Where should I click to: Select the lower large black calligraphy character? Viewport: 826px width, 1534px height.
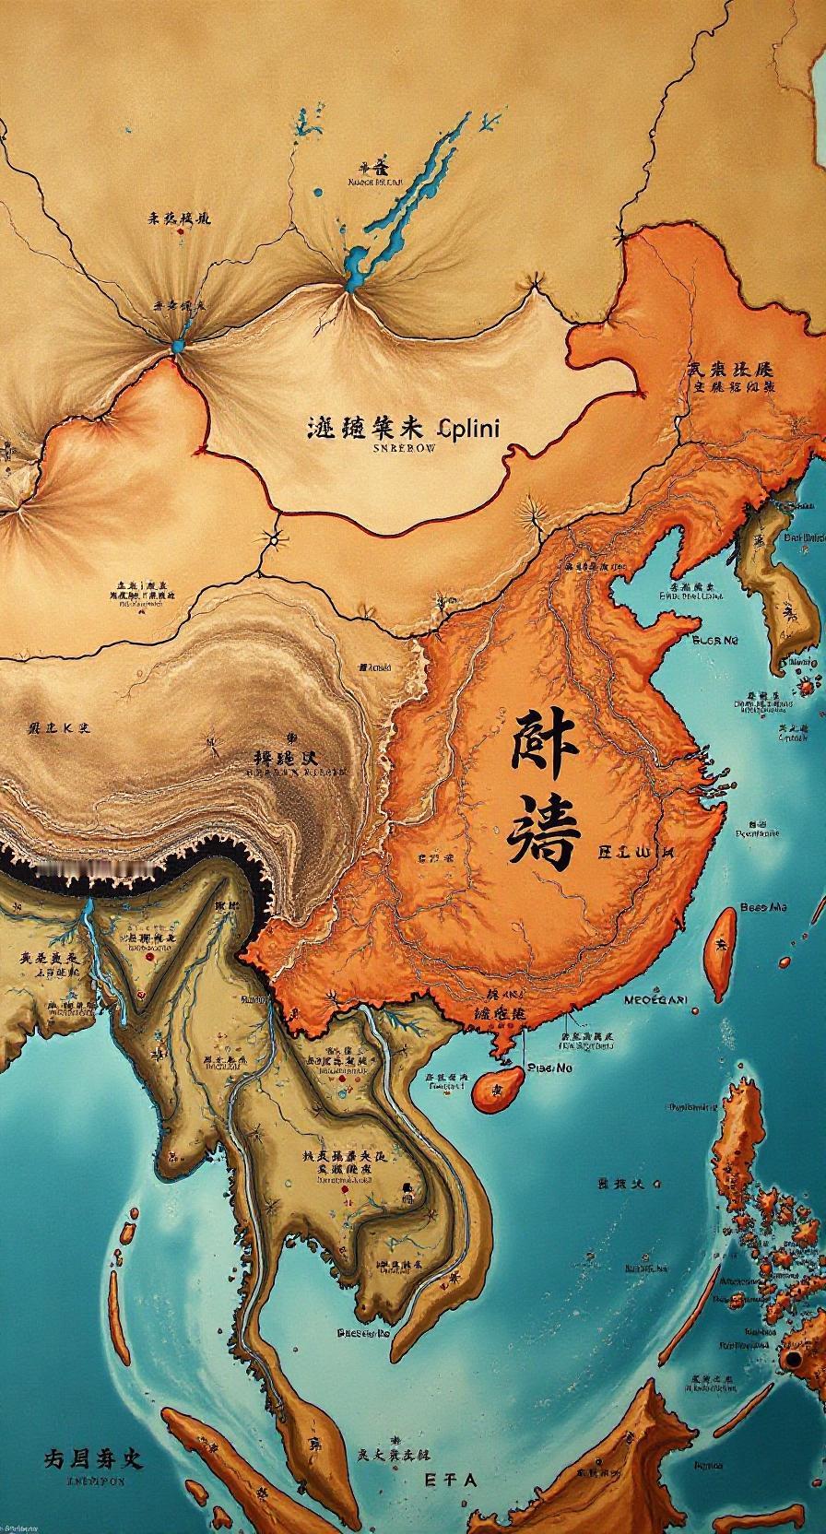point(546,833)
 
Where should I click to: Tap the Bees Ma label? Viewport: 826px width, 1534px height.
point(764,907)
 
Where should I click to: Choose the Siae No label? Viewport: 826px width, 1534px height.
point(549,1068)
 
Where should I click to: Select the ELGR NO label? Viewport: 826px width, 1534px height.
point(714,640)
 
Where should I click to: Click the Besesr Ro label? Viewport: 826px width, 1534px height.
point(364,1332)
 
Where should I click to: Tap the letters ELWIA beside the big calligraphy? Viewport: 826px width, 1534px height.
point(636,852)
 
